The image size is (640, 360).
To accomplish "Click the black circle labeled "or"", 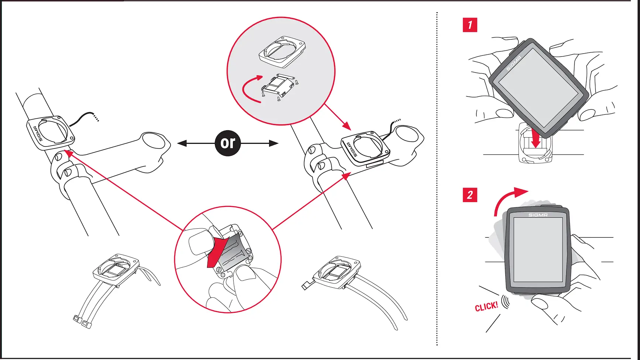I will point(228,143).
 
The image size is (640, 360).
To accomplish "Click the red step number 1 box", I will point(470,25).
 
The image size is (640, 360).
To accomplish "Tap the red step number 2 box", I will point(470,195).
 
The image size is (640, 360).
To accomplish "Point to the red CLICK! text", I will point(486,307).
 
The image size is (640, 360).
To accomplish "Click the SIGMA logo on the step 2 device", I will point(538,215).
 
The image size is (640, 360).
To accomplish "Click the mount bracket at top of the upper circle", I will point(282,51).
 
